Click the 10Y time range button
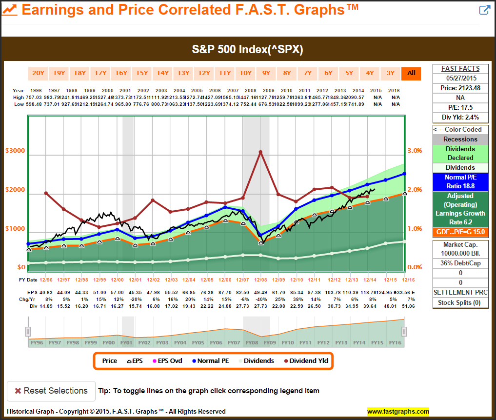click(245, 73)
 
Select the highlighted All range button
click(411, 73)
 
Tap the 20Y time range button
click(38, 73)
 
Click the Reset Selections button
click(51, 391)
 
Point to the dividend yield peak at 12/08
click(260, 152)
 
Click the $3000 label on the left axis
click(15, 151)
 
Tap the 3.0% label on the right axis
click(414, 151)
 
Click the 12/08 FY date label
click(260, 280)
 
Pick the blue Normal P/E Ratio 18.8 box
click(460, 181)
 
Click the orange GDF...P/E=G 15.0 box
click(460, 231)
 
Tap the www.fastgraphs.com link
click(398, 411)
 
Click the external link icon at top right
click(484, 10)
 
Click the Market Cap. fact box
click(460, 249)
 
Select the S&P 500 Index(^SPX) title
click(248, 50)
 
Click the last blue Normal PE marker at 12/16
click(404, 174)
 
